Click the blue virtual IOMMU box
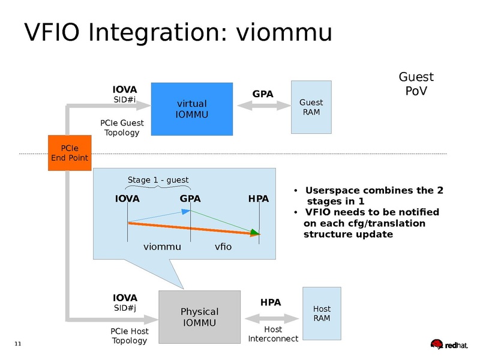click(191, 109)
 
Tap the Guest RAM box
click(311, 107)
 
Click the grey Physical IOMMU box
click(199, 317)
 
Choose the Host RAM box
click(322, 313)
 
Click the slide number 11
click(17, 343)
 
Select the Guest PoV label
click(416, 84)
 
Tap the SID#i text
click(125, 100)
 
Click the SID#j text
click(125, 308)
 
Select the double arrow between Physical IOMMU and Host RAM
click(272, 317)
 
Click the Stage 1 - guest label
click(158, 180)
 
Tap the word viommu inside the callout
click(161, 247)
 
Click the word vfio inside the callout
click(223, 247)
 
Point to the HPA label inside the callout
click(258, 199)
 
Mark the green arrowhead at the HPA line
click(255, 233)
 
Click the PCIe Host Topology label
click(129, 336)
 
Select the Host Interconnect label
click(273, 334)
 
